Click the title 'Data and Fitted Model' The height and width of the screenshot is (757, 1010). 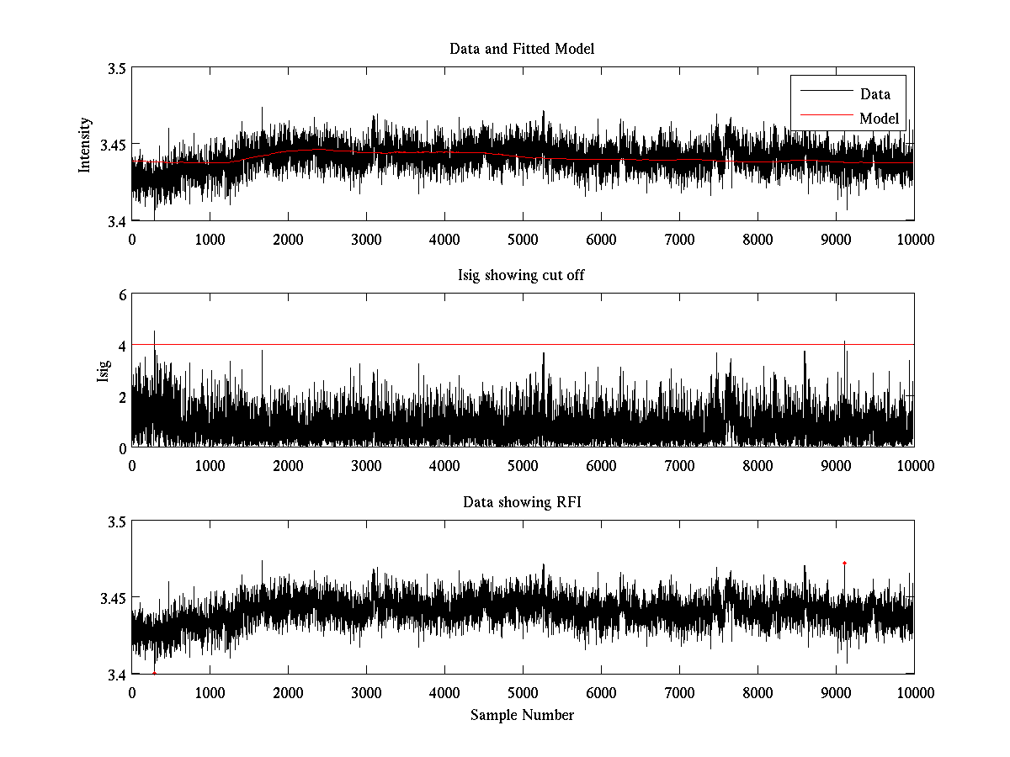pos(522,49)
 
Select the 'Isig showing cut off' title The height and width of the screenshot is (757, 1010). pos(522,276)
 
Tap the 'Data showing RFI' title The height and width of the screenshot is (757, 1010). pos(522,502)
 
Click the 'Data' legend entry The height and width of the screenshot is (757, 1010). pos(874,94)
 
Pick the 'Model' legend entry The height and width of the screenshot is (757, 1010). pos(879,119)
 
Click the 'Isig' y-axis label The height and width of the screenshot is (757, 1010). pos(103,371)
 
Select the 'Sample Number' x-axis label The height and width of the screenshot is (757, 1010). pos(522,715)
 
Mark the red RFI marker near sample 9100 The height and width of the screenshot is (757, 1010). pos(844,563)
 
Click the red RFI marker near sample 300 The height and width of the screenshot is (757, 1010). pos(155,673)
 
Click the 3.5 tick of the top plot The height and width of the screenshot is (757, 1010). pos(116,69)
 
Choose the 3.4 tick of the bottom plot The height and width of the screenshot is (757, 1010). pos(116,675)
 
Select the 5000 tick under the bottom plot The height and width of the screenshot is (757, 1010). pos(523,693)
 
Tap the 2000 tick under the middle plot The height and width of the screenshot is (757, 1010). pos(288,466)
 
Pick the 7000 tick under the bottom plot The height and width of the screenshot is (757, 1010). pos(679,693)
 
